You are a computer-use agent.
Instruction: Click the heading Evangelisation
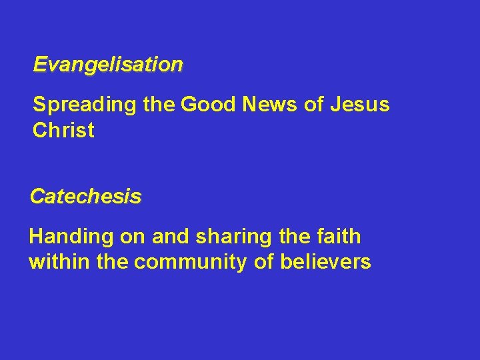108,65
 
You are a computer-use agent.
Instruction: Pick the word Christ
63,130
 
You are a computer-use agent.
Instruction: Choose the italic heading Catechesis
85,197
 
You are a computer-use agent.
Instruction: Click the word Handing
67,237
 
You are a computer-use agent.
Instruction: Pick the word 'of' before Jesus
313,105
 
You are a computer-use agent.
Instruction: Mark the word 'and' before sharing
167,237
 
